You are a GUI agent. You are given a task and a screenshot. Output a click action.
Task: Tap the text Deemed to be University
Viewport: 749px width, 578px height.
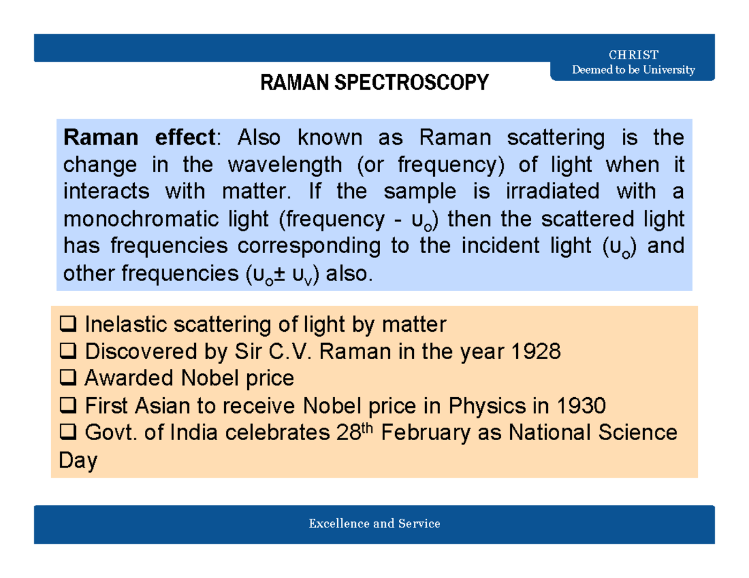(633, 69)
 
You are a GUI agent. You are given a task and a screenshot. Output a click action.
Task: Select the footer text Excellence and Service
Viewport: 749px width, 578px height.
(374, 523)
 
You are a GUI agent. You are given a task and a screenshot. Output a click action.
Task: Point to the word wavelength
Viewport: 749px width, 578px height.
(285, 165)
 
